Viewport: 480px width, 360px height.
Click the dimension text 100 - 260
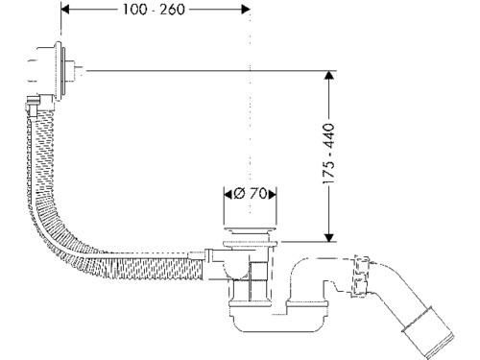[x=154, y=10]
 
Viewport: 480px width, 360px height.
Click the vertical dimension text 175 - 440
[x=328, y=154]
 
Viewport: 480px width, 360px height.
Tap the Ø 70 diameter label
[x=250, y=194]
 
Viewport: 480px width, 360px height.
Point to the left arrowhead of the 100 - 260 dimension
[x=65, y=10]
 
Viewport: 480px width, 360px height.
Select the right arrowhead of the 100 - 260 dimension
[x=246, y=10]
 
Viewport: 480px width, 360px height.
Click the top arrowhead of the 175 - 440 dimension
[x=329, y=75]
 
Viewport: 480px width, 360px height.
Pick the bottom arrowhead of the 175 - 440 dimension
[x=329, y=237]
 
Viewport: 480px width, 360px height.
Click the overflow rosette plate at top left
[x=59, y=71]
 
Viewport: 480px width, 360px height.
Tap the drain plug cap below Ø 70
[x=250, y=229]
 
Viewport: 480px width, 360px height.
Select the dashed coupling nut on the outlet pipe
[x=360, y=276]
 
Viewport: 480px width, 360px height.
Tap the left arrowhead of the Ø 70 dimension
[x=228, y=194]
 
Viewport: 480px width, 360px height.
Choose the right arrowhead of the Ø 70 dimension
[x=272, y=194]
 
